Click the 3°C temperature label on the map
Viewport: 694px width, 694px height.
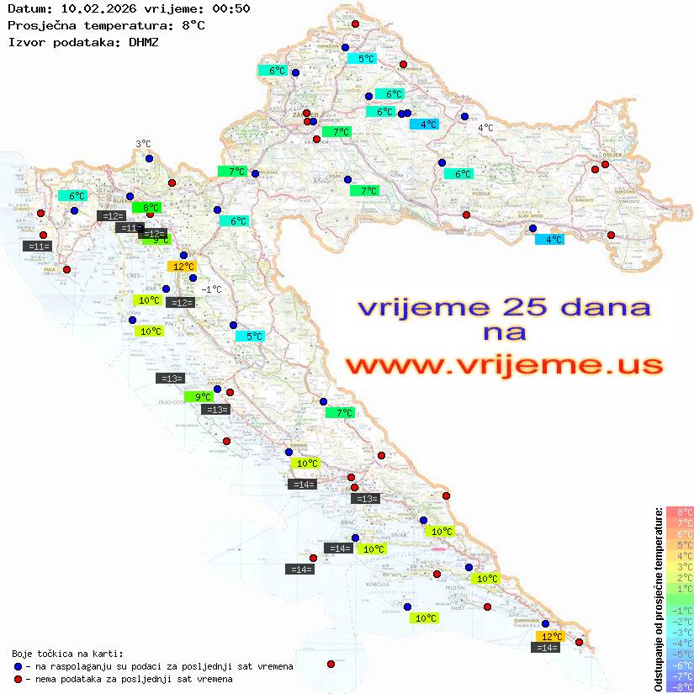point(143,144)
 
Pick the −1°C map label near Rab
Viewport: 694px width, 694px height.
point(211,289)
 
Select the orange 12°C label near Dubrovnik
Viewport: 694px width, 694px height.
point(551,637)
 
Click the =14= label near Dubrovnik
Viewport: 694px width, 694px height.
point(546,648)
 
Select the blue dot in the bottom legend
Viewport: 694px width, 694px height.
point(18,666)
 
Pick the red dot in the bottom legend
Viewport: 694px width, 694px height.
point(18,679)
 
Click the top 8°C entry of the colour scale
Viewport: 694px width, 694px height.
point(679,512)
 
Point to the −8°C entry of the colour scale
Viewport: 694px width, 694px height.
point(679,687)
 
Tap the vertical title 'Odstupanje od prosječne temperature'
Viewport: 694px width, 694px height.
point(658,599)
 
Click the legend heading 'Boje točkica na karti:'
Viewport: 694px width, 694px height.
point(67,654)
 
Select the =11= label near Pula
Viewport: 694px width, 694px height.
point(39,246)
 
